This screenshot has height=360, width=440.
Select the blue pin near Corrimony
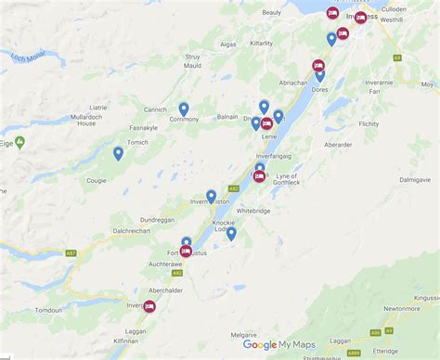(184, 109)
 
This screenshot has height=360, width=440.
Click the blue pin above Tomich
(118, 154)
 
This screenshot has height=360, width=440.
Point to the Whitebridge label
(254, 212)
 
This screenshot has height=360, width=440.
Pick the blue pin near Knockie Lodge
(231, 234)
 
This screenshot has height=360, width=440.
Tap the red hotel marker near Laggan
(149, 306)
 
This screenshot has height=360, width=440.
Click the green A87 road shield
(71, 251)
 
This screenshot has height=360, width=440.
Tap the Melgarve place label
(243, 333)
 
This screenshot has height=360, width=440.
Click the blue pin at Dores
(320, 75)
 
